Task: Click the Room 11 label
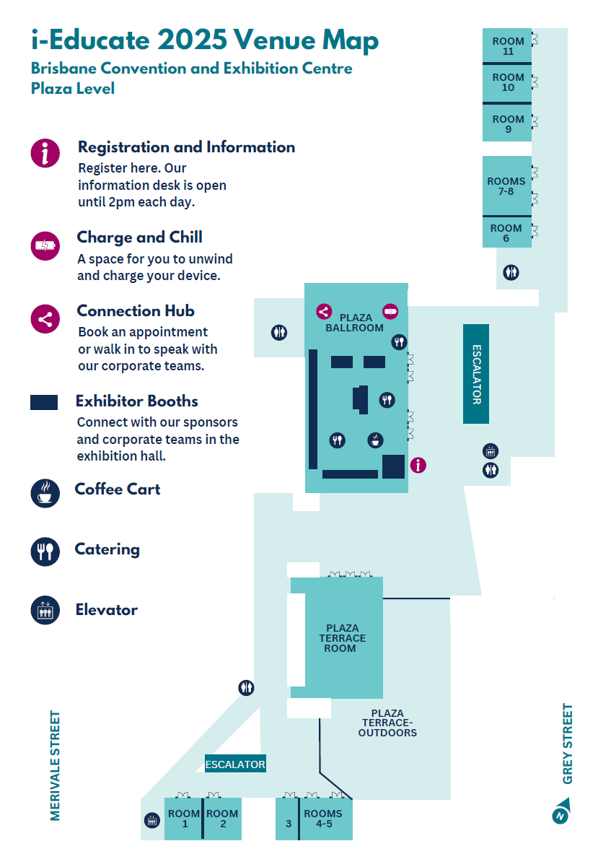[x=508, y=46]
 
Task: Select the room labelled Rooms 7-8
[x=506, y=186]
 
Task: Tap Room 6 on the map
[x=506, y=233]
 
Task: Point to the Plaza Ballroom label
[x=356, y=323]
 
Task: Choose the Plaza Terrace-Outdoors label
[x=389, y=723]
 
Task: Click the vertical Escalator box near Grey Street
[x=476, y=374]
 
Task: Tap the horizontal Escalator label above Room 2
[x=235, y=764]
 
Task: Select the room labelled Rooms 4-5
[x=323, y=819]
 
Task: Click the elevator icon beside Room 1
[x=152, y=820]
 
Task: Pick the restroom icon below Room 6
[x=511, y=273]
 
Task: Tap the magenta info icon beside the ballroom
[x=418, y=466]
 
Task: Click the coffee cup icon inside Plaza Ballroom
[x=375, y=440]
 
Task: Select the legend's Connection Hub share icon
[x=45, y=319]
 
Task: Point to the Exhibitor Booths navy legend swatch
[x=44, y=403]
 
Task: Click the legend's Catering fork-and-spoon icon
[x=45, y=551]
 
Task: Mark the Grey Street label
[x=568, y=744]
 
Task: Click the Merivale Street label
[x=56, y=765]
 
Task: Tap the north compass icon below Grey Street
[x=560, y=812]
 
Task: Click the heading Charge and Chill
[x=139, y=238]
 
